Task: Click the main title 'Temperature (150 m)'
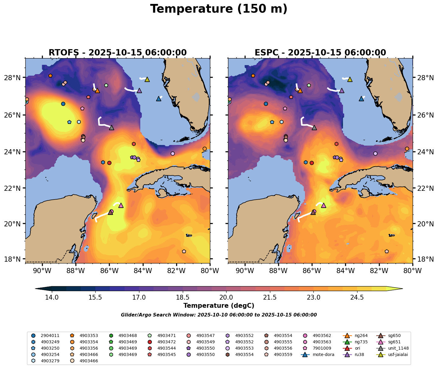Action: tap(219, 9)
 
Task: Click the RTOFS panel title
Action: tap(118, 53)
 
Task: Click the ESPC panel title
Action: tap(320, 53)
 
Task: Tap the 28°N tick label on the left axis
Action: tap(14, 78)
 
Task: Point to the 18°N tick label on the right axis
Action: tap(424, 259)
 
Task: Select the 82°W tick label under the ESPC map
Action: tap(379, 271)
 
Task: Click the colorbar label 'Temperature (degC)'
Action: tap(219, 306)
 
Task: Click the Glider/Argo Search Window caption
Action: tap(219, 315)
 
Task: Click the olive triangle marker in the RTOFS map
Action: tap(147, 79)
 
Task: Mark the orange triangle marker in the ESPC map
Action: tap(300, 90)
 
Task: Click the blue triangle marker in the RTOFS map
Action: tap(159, 99)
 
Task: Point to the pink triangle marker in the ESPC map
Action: tap(324, 205)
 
